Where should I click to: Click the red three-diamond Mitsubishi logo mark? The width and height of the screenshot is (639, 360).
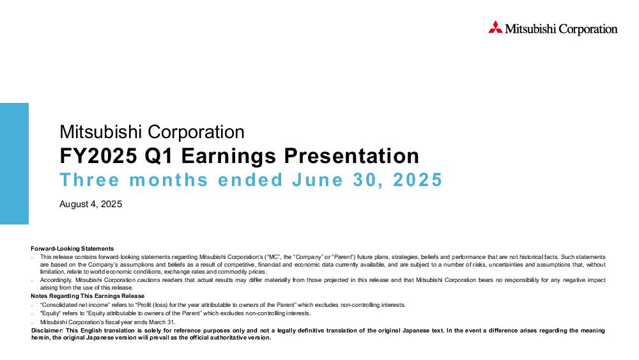click(496, 27)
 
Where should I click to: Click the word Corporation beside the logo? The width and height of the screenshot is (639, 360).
click(588, 29)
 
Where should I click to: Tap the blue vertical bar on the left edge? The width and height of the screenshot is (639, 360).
click(14, 164)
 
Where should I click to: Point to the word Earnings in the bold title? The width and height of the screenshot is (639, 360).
click(229, 157)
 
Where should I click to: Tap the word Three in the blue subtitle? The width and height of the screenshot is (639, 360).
click(89, 180)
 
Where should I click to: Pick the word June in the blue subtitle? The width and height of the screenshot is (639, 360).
click(318, 180)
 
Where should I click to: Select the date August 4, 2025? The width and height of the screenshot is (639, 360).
click(91, 204)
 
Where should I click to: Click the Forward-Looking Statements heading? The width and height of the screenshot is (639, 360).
click(72, 249)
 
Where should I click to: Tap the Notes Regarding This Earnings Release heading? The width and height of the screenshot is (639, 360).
click(88, 296)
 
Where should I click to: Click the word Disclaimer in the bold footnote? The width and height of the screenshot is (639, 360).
click(47, 331)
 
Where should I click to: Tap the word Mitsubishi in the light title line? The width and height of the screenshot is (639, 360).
click(101, 132)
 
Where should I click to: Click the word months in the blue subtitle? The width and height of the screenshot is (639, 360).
click(169, 180)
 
